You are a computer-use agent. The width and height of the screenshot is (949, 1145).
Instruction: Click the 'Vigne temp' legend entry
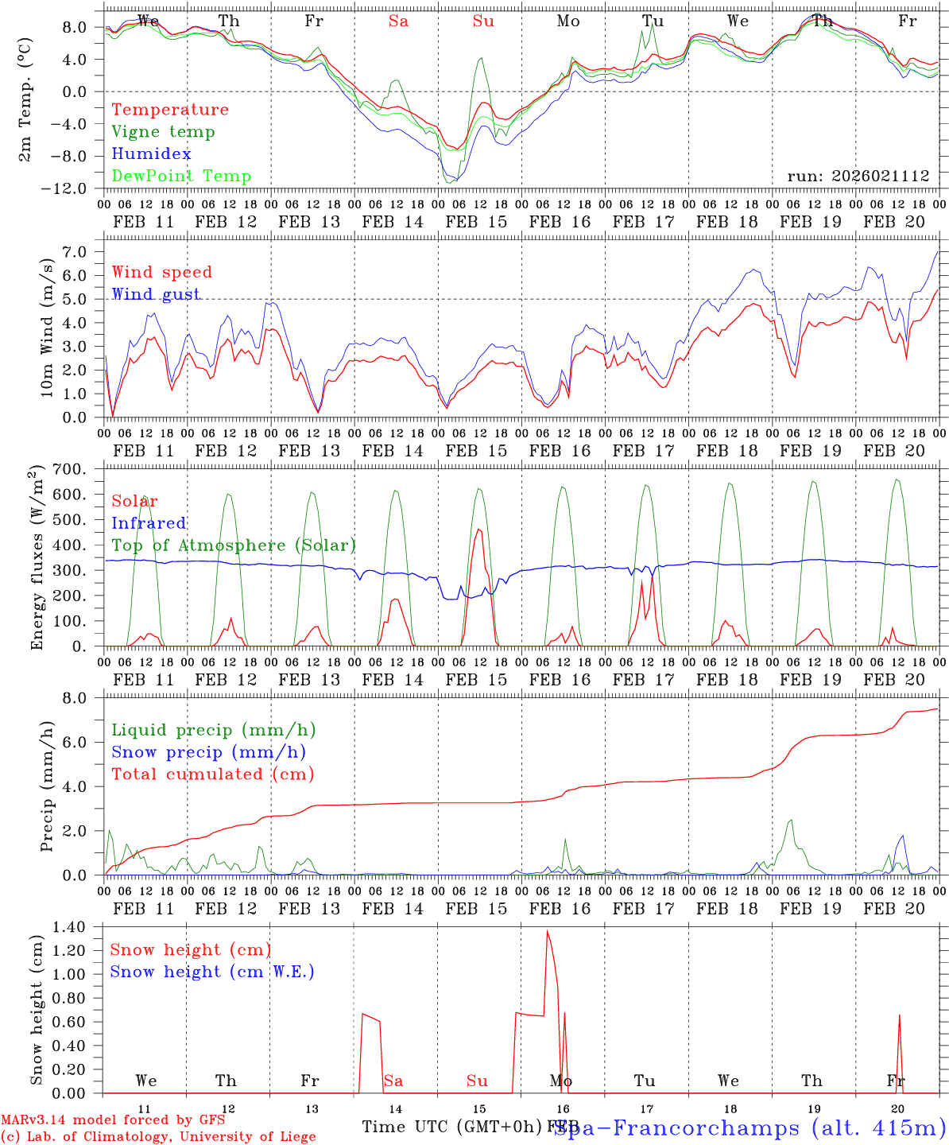[163, 132]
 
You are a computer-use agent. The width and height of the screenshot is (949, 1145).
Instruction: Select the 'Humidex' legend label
[151, 154]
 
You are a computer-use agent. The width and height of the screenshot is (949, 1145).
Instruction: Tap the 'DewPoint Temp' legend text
[181, 177]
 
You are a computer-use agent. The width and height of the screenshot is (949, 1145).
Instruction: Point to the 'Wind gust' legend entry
[156, 294]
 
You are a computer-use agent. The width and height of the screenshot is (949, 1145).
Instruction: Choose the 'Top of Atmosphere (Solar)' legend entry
[234, 545]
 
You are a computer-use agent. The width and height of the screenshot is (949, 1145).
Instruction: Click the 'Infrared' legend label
[149, 523]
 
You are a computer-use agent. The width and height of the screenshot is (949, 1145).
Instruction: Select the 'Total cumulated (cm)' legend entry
[212, 774]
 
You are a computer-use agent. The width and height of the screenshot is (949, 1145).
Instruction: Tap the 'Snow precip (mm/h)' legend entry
[208, 752]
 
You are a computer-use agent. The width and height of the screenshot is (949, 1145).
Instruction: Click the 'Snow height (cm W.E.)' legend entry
[212, 972]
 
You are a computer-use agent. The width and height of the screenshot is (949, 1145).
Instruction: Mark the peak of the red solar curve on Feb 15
[478, 530]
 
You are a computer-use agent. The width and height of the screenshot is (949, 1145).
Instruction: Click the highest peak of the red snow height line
[547, 931]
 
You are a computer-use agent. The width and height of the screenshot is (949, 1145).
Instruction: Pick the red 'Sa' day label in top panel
[398, 21]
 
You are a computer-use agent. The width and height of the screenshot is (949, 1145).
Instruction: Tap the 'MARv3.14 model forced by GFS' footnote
[113, 1120]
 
